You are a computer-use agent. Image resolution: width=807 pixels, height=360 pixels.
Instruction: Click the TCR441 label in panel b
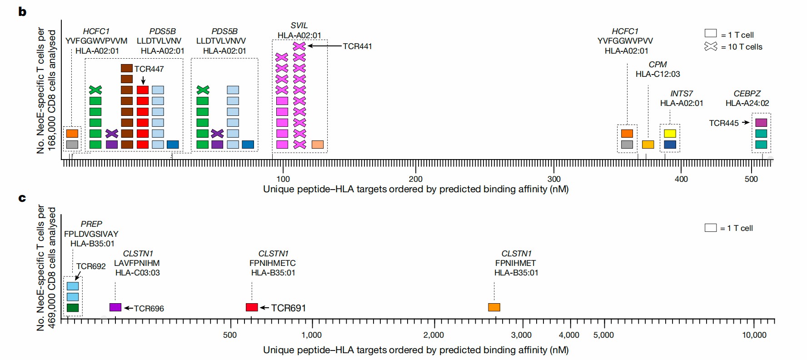click(x=357, y=46)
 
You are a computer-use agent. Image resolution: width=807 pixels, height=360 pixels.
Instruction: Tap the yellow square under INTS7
click(x=670, y=134)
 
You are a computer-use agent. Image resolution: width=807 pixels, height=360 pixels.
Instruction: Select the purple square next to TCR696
click(x=115, y=307)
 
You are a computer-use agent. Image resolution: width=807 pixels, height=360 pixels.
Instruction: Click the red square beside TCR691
click(x=252, y=307)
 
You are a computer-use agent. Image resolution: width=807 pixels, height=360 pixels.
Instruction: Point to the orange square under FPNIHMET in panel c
click(x=494, y=307)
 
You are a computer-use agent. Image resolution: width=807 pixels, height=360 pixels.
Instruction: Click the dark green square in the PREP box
click(x=73, y=308)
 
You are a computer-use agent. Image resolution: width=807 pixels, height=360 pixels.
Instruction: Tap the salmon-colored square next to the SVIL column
click(x=318, y=145)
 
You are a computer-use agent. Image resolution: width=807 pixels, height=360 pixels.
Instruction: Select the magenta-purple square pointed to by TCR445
click(x=761, y=123)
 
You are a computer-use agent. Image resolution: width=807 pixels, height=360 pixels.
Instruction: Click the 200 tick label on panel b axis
click(x=415, y=179)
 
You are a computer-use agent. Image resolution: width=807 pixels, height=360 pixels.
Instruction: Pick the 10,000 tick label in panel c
click(x=754, y=335)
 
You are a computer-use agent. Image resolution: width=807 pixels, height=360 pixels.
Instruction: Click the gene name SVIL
click(x=299, y=25)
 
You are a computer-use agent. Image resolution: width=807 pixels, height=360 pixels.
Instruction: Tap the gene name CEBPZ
click(x=747, y=94)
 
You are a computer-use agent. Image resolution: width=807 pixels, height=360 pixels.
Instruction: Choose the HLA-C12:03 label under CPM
click(x=658, y=74)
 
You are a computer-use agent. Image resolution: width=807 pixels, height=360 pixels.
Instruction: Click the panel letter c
click(x=22, y=198)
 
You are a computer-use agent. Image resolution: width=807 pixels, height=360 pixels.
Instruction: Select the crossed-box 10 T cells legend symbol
click(x=711, y=46)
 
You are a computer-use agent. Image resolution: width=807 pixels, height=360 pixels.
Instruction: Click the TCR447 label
click(x=149, y=69)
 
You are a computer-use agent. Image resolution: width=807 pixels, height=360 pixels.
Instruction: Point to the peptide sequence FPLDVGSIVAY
click(x=91, y=234)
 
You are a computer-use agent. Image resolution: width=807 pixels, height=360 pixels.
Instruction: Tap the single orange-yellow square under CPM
click(x=648, y=145)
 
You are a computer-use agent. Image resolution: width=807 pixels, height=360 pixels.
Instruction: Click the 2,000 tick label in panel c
click(x=433, y=335)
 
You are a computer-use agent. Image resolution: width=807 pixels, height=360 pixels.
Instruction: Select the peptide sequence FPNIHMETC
click(x=273, y=263)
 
